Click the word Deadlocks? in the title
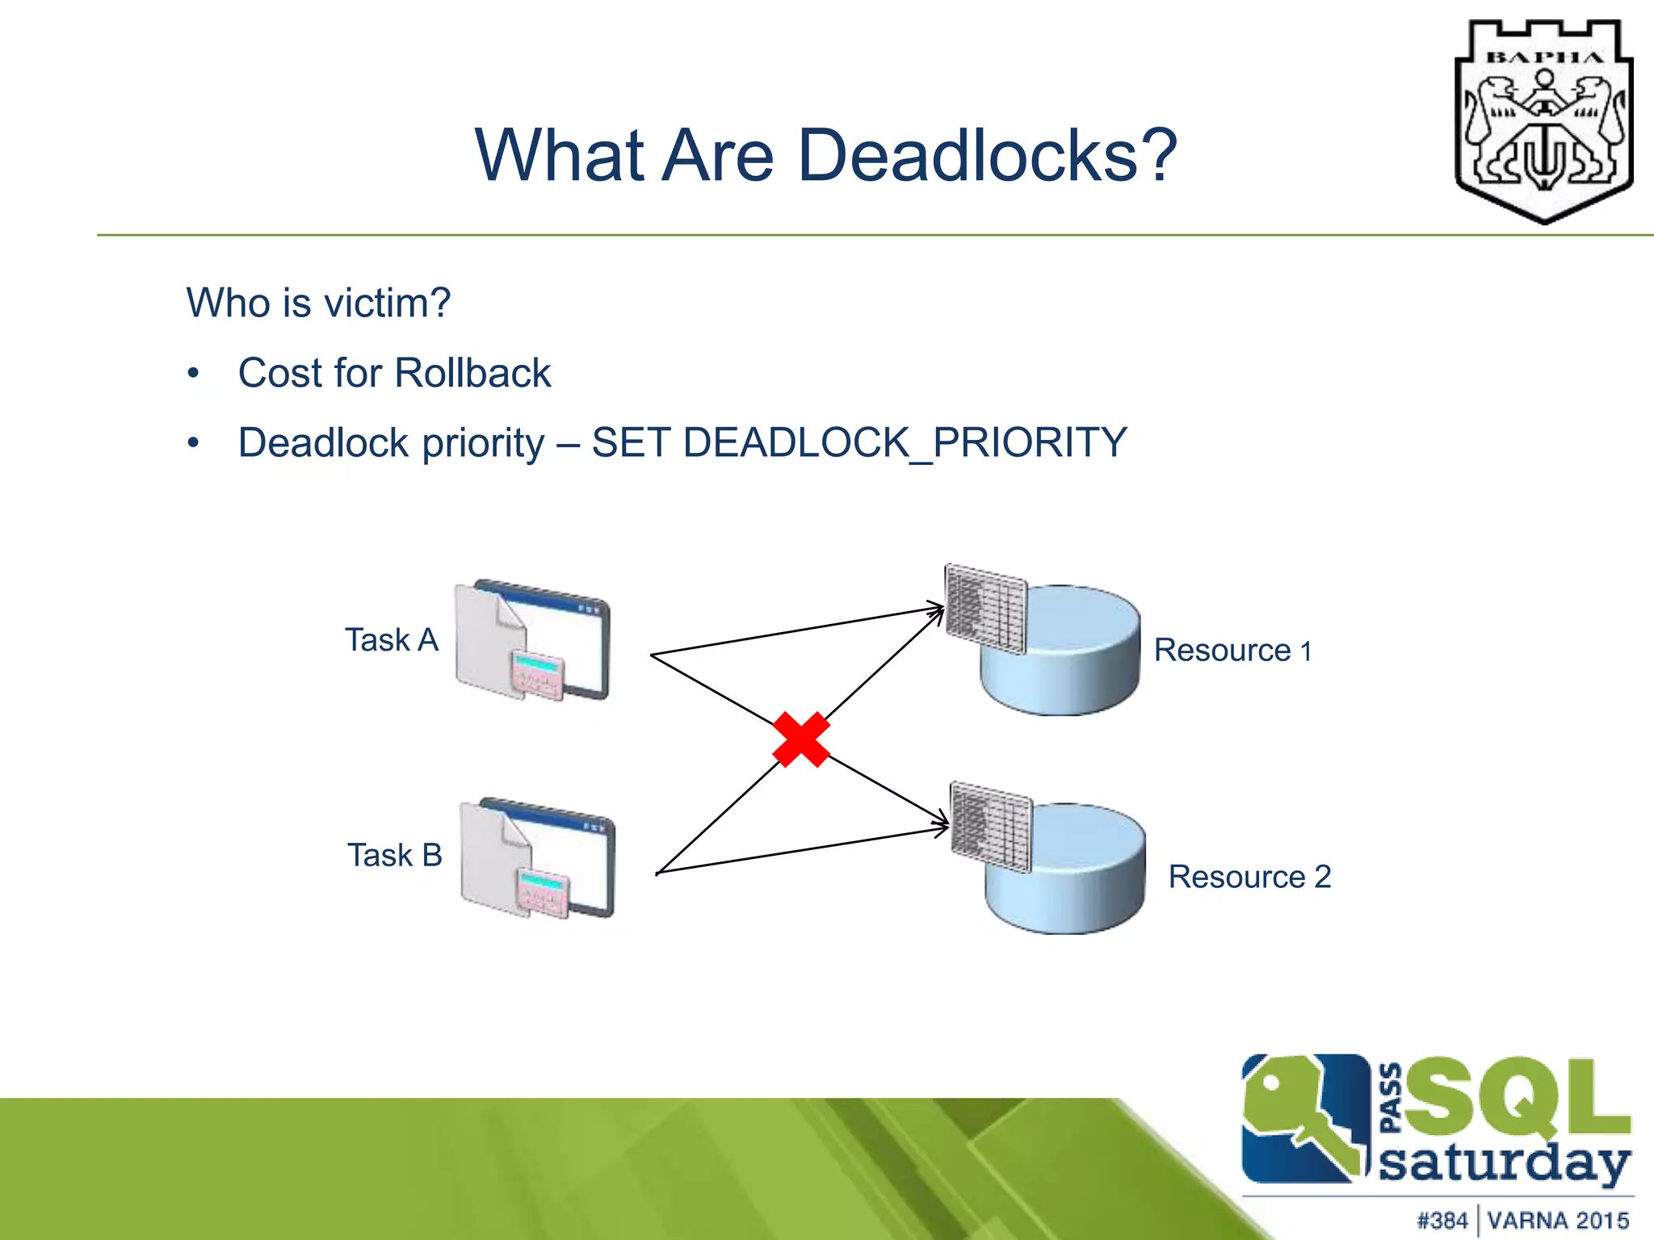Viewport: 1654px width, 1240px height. click(x=987, y=155)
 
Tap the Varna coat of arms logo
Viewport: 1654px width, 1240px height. click(x=1543, y=121)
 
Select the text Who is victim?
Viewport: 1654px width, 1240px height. click(x=318, y=304)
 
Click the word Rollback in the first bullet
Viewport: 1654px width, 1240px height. click(x=472, y=373)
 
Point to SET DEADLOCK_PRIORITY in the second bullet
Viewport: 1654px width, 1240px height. click(x=858, y=443)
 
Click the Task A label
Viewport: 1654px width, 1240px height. click(x=392, y=640)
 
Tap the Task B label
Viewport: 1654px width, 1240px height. click(x=395, y=856)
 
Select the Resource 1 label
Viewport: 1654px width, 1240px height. click(x=1232, y=651)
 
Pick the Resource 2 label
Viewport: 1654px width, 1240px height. click(x=1249, y=877)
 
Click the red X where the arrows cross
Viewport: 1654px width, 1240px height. click(x=800, y=739)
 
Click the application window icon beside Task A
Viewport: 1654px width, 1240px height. click(x=534, y=640)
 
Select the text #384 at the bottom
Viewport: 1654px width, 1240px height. click(x=1442, y=1220)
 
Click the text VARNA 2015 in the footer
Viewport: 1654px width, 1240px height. click(x=1558, y=1220)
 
